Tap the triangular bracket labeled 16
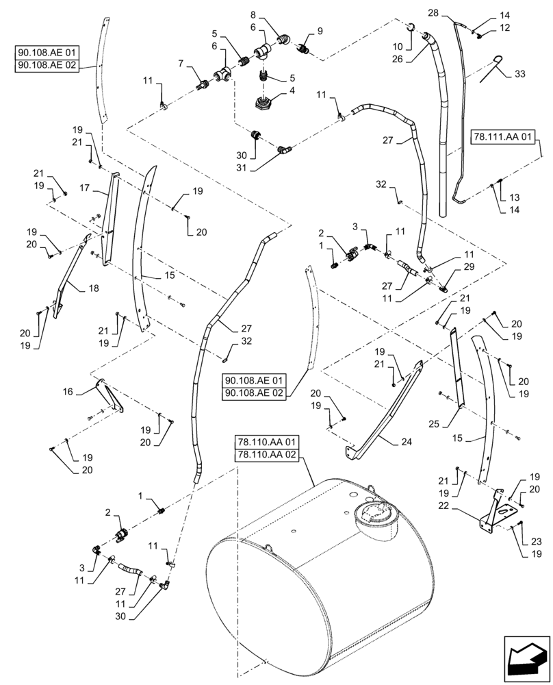click(110, 398)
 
